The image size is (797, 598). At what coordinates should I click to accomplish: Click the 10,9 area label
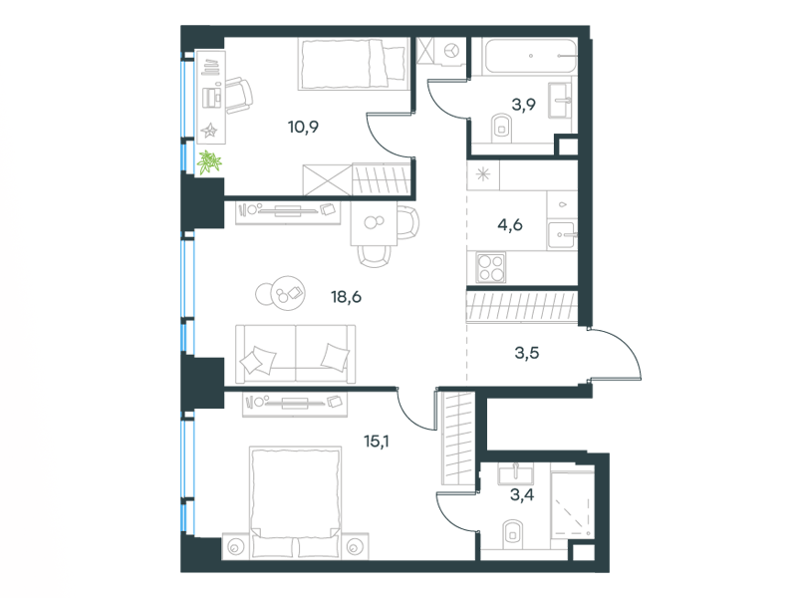coord(303,127)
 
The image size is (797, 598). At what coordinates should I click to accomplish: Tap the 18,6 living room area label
coord(346,296)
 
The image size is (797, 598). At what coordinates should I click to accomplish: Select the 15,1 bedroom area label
coord(377,441)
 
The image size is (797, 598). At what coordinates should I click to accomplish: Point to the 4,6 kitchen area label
coord(510,224)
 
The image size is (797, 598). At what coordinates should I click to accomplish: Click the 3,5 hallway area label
coord(527,353)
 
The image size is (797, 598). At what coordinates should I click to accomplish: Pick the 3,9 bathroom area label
coord(524,105)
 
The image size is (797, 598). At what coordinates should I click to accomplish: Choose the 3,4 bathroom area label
coord(522,493)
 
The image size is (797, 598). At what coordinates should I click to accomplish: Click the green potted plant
coord(210,162)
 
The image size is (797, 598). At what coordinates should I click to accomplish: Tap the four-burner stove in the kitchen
coord(490,268)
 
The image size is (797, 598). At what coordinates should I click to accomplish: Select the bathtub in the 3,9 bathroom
coord(531,56)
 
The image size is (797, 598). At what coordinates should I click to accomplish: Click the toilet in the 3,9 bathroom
coord(501,128)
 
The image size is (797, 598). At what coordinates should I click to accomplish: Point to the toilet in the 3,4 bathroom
coord(512,533)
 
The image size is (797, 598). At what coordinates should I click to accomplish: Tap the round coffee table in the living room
coord(287,292)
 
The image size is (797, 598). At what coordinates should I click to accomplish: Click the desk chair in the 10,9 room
coord(238,96)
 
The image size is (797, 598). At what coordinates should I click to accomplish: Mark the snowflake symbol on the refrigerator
coord(483,175)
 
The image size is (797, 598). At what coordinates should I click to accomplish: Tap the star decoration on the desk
coord(209,131)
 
